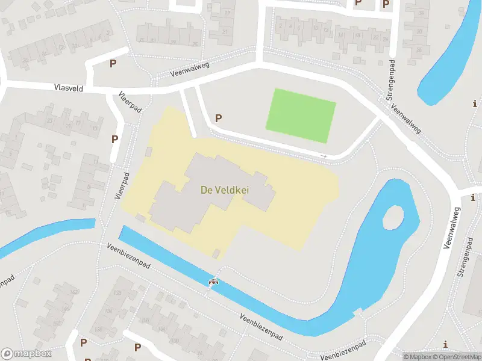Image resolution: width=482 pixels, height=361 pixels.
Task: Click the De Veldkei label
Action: pos(225,190)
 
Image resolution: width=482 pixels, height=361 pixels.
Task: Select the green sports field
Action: pos(301,116)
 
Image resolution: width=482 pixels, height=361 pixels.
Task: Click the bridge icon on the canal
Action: pos(213,281)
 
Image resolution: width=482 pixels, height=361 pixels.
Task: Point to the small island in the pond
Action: pos(393,217)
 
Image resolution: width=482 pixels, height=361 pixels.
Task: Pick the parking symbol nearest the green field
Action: pos(219,119)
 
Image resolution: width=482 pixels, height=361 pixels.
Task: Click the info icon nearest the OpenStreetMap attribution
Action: pos(445,344)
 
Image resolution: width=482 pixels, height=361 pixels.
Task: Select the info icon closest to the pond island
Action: pos(473,197)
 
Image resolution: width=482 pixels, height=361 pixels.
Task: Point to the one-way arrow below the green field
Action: pos(324,156)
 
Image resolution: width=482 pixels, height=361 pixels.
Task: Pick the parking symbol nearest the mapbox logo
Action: pos(83,342)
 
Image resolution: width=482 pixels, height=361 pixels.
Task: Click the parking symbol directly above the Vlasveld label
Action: pos(112,63)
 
